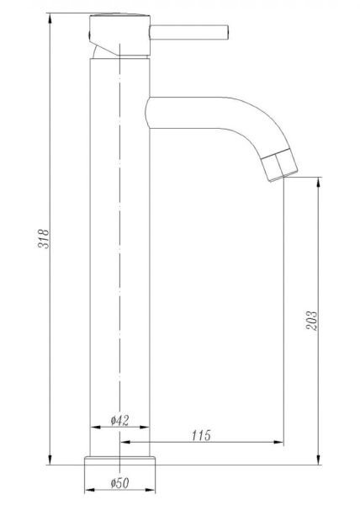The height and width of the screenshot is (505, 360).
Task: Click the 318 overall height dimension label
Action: coord(44,238)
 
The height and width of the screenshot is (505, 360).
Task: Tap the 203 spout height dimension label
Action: coord(311,321)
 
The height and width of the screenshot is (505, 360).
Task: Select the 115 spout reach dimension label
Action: coord(201,435)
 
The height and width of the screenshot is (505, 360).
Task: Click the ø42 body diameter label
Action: coord(119,420)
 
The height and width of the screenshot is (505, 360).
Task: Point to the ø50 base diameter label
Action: coord(119,483)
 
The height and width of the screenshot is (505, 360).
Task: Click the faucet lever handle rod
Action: coord(189,32)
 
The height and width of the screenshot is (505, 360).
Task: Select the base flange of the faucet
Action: coord(119,460)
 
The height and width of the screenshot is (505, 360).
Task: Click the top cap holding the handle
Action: coord(119,35)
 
